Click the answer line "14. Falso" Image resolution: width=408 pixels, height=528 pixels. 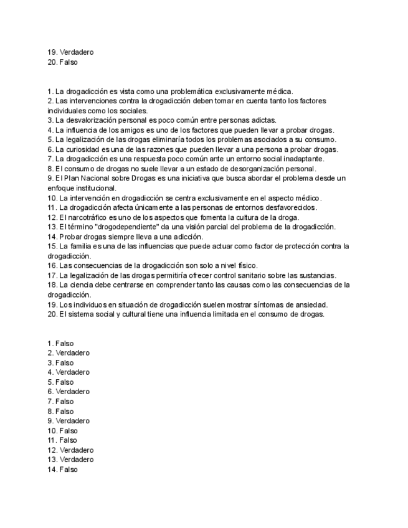62,469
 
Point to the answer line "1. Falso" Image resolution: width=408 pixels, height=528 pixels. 60,343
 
